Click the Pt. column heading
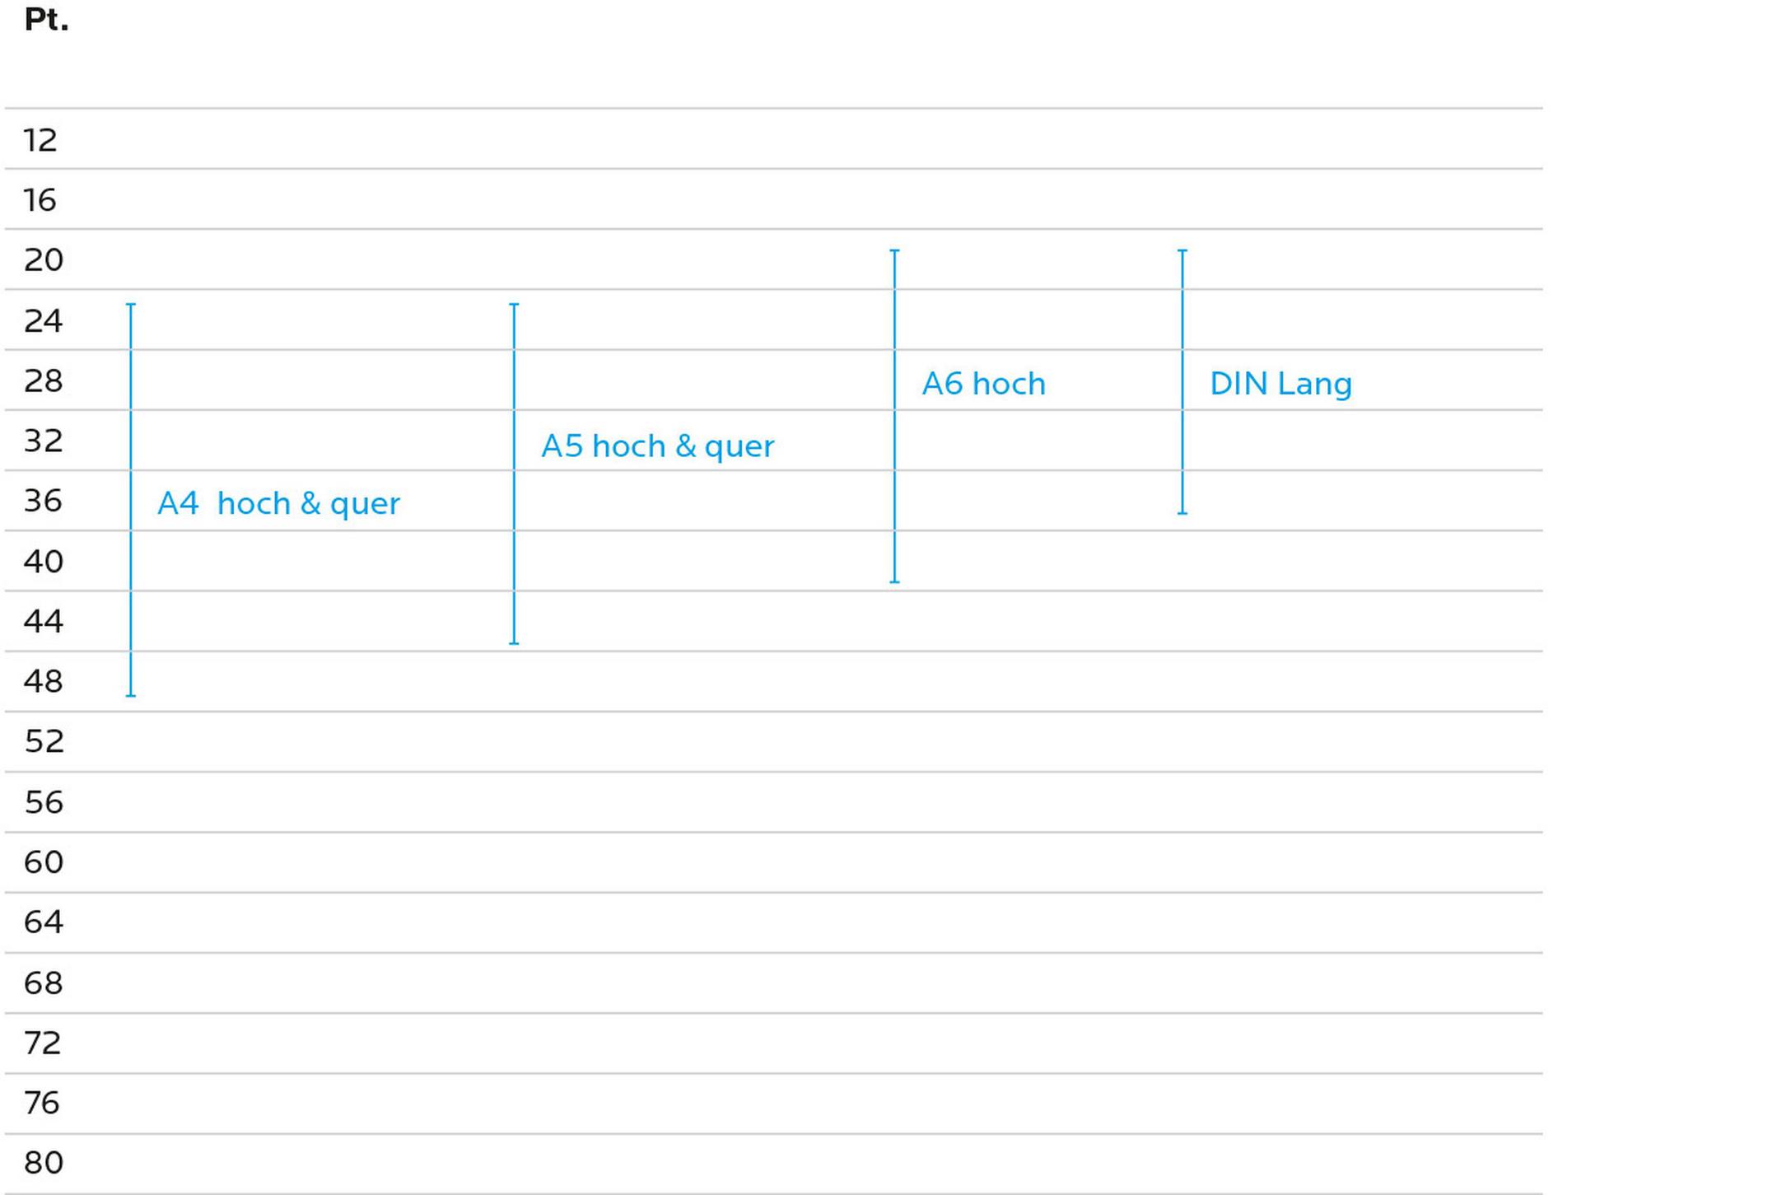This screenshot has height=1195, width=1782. (x=46, y=19)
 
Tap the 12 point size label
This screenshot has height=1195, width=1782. (x=40, y=140)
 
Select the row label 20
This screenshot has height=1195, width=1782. (x=44, y=260)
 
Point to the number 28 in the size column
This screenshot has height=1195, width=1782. (x=44, y=380)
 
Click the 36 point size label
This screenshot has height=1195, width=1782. (x=43, y=501)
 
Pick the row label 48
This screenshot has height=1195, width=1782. (x=43, y=681)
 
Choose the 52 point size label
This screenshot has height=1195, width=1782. (x=44, y=741)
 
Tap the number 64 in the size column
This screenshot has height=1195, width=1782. (x=44, y=922)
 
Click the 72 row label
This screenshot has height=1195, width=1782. (x=43, y=1043)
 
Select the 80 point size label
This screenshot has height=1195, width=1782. (x=44, y=1163)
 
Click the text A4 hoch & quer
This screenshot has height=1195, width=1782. (x=278, y=503)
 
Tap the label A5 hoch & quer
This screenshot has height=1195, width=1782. (x=657, y=446)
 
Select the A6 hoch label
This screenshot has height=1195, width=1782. (x=983, y=384)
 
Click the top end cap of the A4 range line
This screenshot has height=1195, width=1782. (x=131, y=305)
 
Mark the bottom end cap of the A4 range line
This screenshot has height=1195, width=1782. (x=131, y=696)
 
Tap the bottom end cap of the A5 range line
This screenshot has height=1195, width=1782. (x=514, y=643)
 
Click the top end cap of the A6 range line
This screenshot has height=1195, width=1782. (x=895, y=250)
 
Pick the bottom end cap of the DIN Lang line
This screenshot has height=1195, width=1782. (x=1183, y=513)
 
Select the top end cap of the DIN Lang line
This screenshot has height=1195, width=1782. (x=1183, y=250)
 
